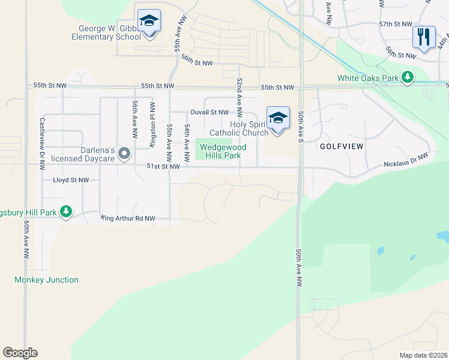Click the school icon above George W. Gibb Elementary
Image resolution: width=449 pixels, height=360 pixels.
[148, 22]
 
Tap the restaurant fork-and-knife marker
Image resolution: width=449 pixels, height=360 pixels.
[424, 37]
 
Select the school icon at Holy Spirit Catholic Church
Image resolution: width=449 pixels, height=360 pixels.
[277, 119]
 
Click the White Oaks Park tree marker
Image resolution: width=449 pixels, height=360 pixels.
[408, 77]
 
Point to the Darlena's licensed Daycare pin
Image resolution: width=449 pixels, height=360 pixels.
[124, 154]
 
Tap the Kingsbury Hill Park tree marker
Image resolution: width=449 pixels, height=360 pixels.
[66, 212]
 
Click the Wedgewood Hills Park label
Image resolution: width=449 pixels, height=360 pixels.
[220, 151]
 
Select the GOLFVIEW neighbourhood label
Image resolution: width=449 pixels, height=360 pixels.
[343, 146]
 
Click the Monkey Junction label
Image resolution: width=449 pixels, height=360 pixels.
[47, 280]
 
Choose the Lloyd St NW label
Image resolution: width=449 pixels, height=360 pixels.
[71, 180]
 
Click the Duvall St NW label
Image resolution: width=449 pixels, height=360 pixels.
[209, 112]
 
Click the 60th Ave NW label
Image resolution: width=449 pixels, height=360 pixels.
[27, 239]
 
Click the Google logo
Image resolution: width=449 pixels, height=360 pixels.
[20, 353]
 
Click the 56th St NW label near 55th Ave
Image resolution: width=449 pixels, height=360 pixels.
[198, 63]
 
